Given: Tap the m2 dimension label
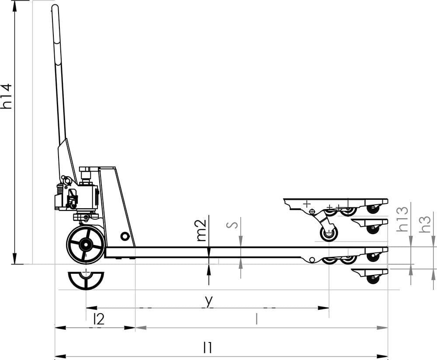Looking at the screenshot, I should coord(201,230).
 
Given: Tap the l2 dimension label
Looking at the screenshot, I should coord(99,319).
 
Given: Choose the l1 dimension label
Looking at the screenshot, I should coord(208,348).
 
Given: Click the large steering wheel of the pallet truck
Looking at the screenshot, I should coord(86,245).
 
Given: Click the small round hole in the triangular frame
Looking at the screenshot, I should coord(125,237).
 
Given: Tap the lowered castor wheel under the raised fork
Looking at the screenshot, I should coord(329,234).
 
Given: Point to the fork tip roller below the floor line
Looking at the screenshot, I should coord(373,278).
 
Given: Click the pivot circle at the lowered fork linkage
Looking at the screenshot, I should coord(312,260).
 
